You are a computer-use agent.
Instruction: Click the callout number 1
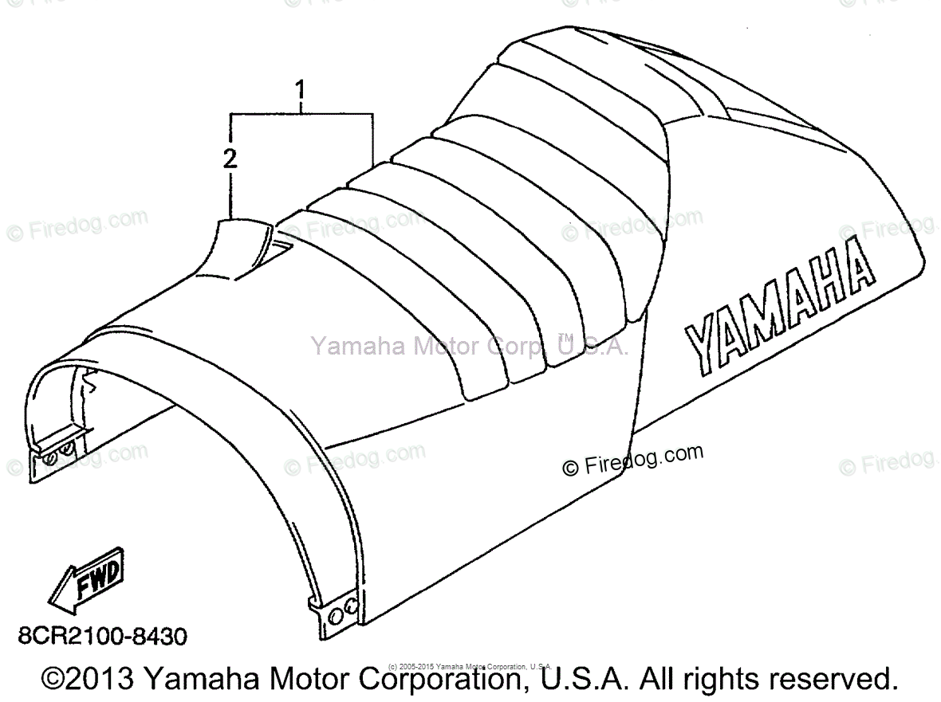tap(300, 94)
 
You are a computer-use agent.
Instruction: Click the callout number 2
tap(230, 158)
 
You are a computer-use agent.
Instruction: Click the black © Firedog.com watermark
tap(632, 461)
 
